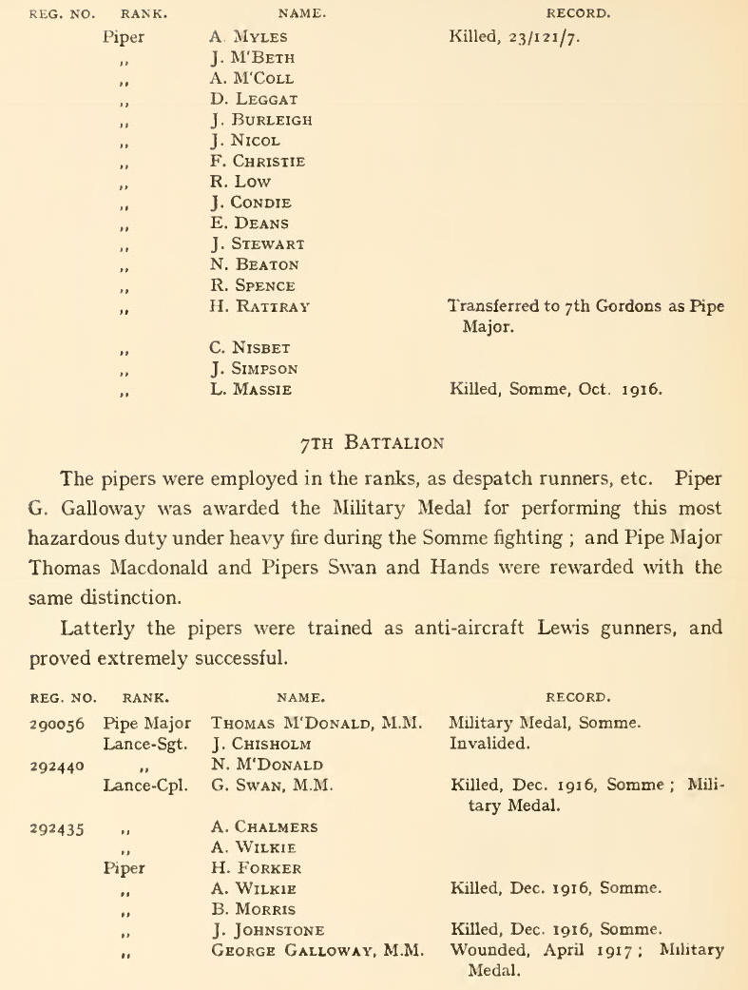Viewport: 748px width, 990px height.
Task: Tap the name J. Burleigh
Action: [x=260, y=121]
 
